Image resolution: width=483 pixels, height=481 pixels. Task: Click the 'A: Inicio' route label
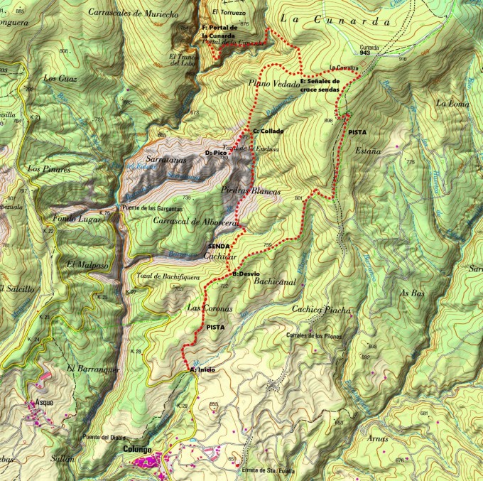(202, 369)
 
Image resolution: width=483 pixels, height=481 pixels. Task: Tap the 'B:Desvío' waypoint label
(246, 274)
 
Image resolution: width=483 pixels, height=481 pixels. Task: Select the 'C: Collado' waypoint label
(268, 131)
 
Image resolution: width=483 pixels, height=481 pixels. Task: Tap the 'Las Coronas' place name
(209, 308)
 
